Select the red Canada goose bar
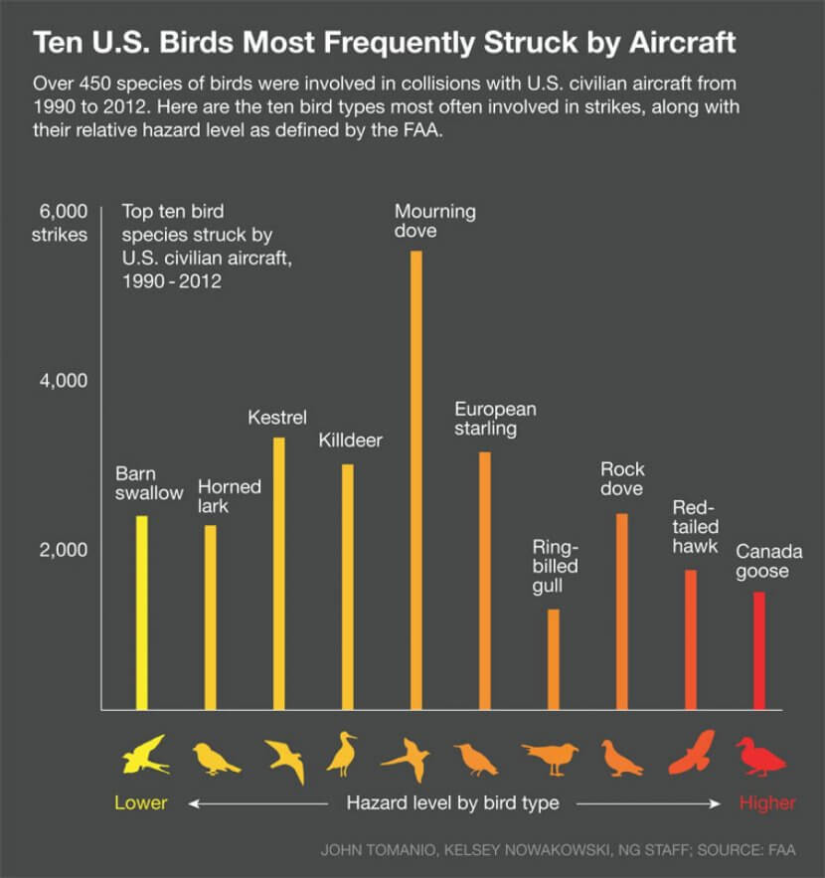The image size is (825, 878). tap(760, 651)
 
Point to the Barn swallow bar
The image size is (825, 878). tap(142, 613)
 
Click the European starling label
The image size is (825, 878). tap(495, 419)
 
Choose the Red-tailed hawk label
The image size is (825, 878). tap(696, 527)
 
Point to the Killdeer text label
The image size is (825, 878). tap(350, 439)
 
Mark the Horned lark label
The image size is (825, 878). tap(229, 496)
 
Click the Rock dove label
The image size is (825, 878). tap(622, 478)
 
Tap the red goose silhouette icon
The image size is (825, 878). tap(760, 758)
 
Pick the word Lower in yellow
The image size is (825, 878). tap(141, 802)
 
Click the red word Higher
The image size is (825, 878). tap(766, 802)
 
